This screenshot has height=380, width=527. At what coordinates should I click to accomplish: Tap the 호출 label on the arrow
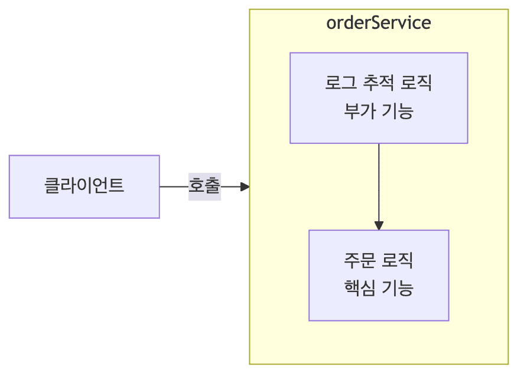204,187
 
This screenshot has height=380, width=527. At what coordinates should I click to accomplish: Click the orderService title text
378,23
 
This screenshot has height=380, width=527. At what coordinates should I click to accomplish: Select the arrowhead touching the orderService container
245,187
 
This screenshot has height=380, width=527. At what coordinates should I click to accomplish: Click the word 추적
379,83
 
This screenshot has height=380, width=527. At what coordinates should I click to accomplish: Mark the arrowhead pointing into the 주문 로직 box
379,225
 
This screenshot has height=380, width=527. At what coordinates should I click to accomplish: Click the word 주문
358,260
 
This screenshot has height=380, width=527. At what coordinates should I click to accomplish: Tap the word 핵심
358,289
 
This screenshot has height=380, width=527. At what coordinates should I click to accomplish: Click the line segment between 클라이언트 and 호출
174,187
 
